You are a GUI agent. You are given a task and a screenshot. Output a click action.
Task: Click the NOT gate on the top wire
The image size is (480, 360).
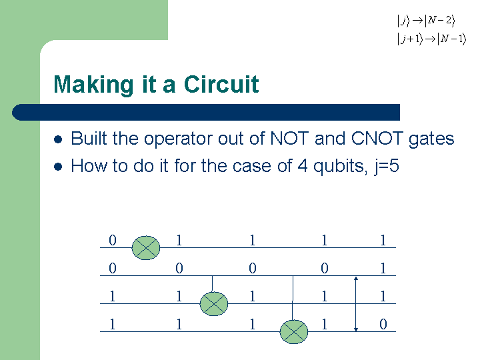click(146, 247)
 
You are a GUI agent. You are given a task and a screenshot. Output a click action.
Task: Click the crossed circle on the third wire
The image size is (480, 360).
click(214, 304)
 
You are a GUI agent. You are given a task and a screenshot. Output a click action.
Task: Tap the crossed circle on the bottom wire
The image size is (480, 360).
click(294, 332)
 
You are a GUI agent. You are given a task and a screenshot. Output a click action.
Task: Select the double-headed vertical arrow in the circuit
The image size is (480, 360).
click(356, 304)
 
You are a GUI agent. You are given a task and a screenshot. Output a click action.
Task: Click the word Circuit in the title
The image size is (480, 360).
click(221, 85)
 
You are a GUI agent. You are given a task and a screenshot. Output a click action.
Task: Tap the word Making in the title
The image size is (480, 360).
click(94, 85)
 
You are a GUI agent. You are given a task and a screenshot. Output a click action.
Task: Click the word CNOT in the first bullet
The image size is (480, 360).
click(377, 138)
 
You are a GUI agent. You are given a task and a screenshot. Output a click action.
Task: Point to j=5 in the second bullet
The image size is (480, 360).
click(387, 167)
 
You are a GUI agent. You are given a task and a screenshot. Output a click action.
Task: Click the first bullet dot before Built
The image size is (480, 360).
click(58, 139)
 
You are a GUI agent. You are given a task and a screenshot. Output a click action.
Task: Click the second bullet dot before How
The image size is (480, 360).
click(58, 167)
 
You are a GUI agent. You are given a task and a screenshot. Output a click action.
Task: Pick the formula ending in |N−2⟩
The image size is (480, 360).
click(426, 21)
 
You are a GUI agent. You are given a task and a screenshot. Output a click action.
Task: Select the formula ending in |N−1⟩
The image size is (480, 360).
click(431, 39)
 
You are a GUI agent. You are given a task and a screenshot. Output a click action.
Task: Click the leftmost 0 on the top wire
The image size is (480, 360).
click(113, 240)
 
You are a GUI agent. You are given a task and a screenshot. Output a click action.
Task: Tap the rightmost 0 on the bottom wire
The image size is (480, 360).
click(383, 324)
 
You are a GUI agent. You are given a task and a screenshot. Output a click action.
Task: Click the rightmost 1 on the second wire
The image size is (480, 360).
click(383, 268)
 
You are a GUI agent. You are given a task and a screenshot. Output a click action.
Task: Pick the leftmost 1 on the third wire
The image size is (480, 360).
click(113, 296)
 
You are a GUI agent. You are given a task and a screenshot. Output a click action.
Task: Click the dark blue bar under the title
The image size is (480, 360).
click(206, 113)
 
